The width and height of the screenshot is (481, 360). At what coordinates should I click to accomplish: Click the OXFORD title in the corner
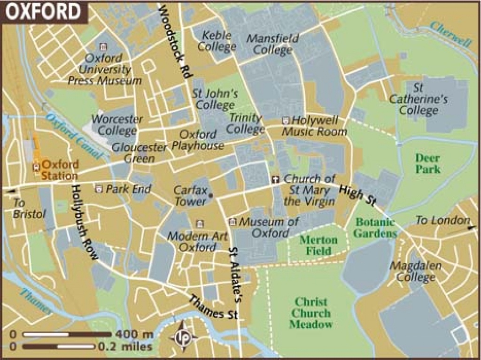click(43, 11)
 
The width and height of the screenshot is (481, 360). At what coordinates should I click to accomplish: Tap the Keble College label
click(217, 41)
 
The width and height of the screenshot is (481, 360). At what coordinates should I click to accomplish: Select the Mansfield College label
click(272, 44)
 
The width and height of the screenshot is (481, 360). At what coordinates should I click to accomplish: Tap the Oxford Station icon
click(36, 166)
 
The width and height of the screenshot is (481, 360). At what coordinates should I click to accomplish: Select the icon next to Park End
click(99, 189)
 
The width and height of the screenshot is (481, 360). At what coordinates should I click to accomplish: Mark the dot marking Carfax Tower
click(211, 195)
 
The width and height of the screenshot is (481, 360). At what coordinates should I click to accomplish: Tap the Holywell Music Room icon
click(286, 121)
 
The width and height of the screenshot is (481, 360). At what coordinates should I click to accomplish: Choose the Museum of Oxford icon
click(232, 222)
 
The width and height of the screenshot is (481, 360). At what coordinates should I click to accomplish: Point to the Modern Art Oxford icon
click(200, 224)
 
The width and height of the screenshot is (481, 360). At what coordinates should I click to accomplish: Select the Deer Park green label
click(428, 162)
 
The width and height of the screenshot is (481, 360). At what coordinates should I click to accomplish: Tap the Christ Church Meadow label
click(310, 313)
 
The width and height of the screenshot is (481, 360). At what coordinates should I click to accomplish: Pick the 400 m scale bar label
click(134, 335)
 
